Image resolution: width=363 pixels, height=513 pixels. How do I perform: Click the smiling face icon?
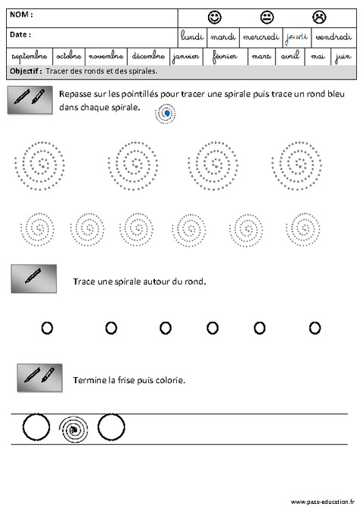[x=214, y=17]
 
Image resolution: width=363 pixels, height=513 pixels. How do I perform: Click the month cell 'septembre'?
[x=29, y=57]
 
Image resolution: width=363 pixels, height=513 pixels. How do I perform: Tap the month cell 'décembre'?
[x=147, y=57]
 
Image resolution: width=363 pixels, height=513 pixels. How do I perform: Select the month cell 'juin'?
[x=345, y=57]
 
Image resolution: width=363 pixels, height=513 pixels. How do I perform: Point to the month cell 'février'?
[x=225, y=57]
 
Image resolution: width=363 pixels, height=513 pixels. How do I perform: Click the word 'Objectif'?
[x=26, y=71]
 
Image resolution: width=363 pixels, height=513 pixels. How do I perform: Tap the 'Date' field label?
[x=20, y=35]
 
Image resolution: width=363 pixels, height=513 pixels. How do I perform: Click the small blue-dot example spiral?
[x=166, y=113]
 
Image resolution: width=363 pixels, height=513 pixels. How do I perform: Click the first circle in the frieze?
[x=36, y=428]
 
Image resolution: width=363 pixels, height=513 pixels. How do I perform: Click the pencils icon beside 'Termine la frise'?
[x=39, y=376]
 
